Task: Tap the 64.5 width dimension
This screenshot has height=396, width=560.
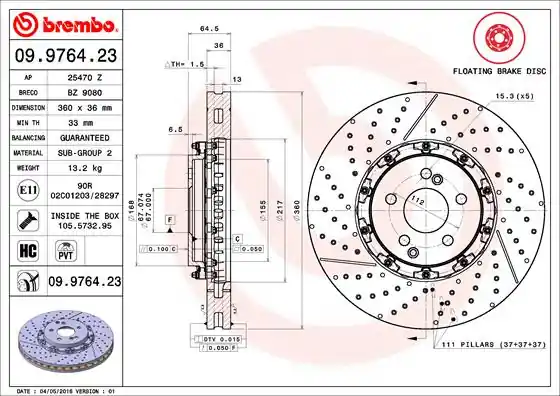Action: tap(209, 29)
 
